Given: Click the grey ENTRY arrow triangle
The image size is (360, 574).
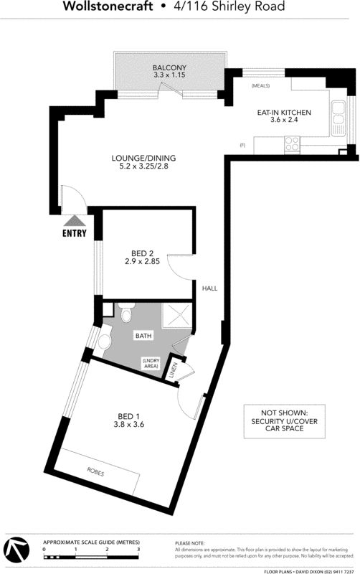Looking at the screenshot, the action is coord(75,221).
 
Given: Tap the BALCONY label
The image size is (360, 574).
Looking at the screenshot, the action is coord(169,67).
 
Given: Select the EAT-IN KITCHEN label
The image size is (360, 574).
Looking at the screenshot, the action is coord(284,113).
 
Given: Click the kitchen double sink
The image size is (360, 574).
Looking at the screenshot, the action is coord(338,118).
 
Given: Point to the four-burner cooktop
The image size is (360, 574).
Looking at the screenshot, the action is coord(292,144).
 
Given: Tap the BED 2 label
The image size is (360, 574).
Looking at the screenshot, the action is coord(142,253).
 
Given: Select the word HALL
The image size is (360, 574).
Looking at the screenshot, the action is coord(209,288).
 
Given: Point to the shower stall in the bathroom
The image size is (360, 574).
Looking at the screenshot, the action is coord(176,315).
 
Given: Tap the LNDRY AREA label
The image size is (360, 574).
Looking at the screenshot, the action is coord(151,363).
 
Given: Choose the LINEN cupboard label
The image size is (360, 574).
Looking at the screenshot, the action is coord(173,370).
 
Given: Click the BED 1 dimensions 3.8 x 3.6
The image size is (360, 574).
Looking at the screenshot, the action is coord(129,425).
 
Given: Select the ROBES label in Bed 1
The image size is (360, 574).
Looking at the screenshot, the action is coord(95,472).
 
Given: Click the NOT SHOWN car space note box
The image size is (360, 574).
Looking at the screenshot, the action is coord(284,421).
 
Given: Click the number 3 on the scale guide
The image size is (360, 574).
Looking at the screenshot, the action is coord(138,549).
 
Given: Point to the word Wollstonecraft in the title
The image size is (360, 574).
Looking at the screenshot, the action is coord(108,6).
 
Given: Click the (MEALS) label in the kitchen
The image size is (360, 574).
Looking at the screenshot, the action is coord(260,86).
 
